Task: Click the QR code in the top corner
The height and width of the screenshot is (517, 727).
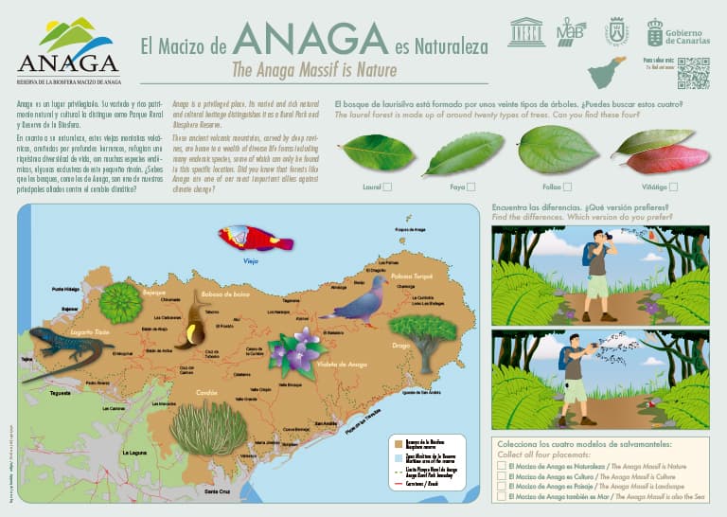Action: pos(693,73)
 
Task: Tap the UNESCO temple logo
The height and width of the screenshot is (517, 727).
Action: pos(526,31)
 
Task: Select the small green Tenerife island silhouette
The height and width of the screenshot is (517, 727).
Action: pos(606,74)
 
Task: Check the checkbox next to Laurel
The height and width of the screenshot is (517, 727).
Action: pos(387,187)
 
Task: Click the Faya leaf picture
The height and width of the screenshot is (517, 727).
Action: pos(465,153)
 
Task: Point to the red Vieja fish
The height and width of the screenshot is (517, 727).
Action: pos(255,238)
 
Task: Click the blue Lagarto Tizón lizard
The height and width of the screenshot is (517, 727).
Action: pos(67,348)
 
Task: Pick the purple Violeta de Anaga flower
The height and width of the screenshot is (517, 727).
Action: pos(299,351)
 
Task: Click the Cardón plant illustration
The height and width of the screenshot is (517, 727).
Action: pos(209,426)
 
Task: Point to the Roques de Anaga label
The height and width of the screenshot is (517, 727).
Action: pos(411,229)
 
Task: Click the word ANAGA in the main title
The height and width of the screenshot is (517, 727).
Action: pos(310,40)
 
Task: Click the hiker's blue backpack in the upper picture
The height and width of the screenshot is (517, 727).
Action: pos(590,253)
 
